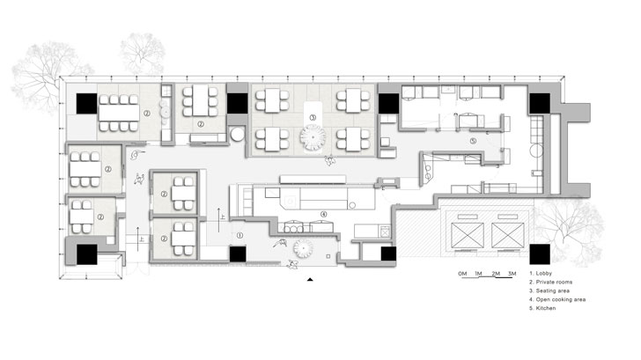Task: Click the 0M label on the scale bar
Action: coord(461,275)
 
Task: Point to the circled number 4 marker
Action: coord(324,214)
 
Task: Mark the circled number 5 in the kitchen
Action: coord(472,140)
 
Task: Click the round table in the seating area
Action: coord(314,136)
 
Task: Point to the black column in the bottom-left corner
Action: coord(86,255)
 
